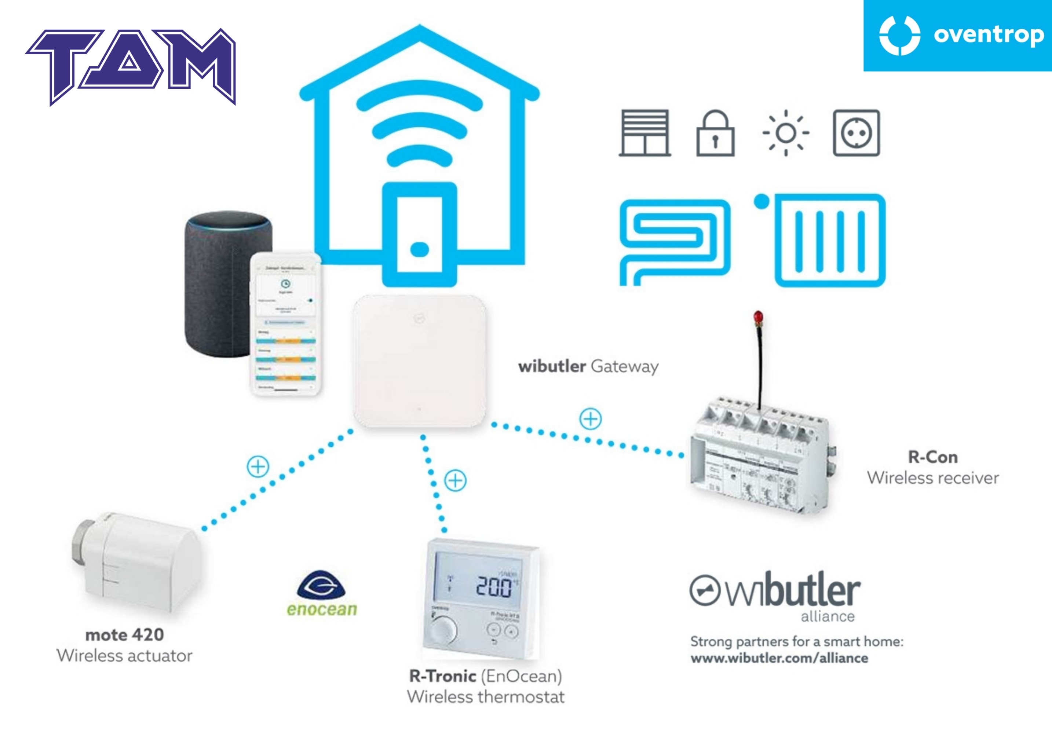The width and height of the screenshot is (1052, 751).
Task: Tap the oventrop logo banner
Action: click(957, 36)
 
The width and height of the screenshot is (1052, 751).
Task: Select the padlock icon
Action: click(715, 133)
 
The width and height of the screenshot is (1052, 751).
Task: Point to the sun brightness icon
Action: click(786, 133)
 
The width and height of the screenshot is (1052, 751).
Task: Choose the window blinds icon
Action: click(645, 133)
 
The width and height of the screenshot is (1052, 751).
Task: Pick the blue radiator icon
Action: click(829, 241)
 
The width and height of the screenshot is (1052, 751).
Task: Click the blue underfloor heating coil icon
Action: click(675, 241)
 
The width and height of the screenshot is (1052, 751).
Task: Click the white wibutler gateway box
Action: click(419, 361)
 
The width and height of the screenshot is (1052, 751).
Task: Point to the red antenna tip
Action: click(758, 317)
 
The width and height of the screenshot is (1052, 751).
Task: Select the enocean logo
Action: click(322, 594)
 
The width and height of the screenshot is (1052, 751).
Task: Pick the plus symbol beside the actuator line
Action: click(257, 466)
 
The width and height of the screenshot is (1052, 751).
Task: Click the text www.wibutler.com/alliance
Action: click(779, 658)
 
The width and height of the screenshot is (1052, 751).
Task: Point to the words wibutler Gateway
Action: click(588, 367)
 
